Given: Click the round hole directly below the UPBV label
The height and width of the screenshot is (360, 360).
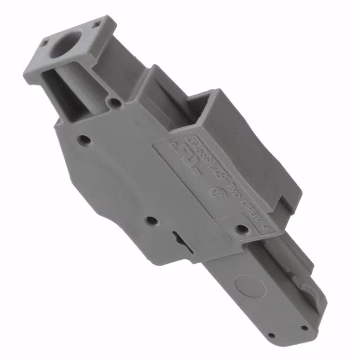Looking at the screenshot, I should [x=242, y=228].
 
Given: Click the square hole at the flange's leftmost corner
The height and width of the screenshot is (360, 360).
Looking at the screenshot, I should [x=44, y=41].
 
